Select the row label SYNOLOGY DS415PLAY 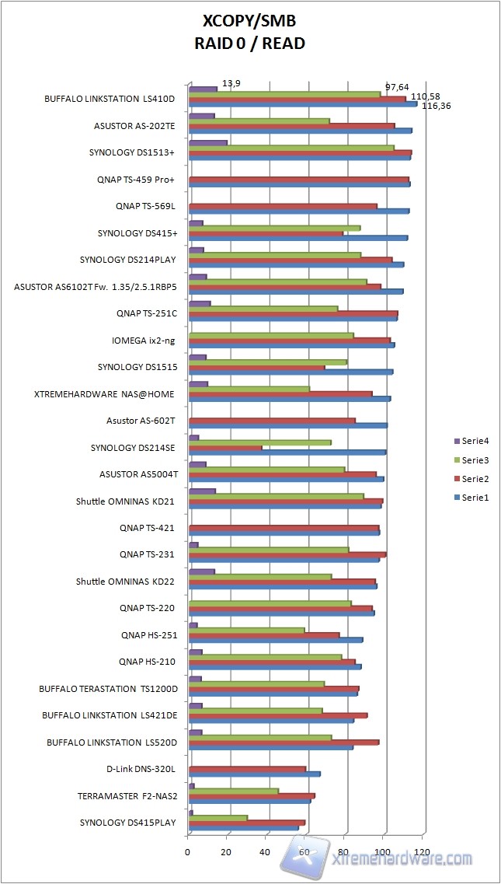(127, 823)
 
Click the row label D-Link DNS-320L (141, 769)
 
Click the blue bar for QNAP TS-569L (299, 211)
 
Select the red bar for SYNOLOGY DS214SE (225, 447)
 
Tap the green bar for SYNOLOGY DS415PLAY (218, 817)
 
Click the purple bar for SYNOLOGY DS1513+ (208, 143)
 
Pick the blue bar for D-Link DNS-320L (255, 774)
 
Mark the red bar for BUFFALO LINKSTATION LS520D (284, 742)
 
